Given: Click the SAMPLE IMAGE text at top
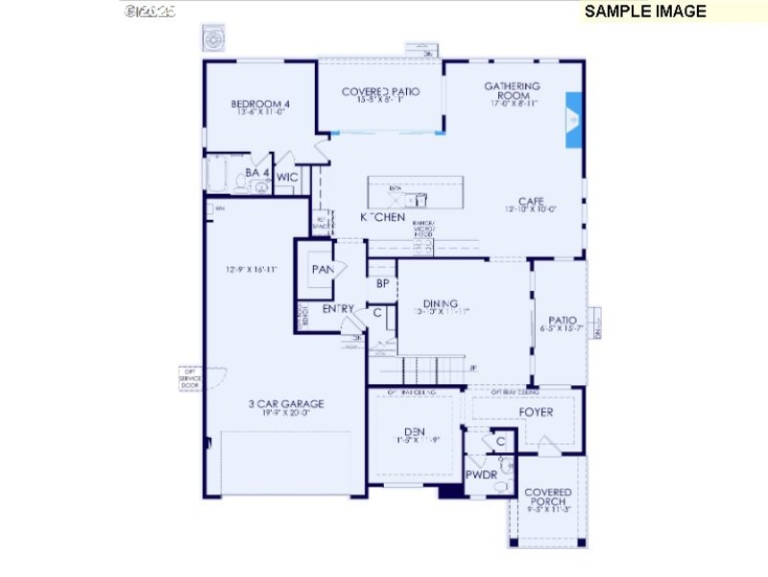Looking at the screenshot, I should [x=645, y=12].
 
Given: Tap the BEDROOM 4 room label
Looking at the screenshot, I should [x=260, y=105].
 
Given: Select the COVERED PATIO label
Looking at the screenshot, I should [x=381, y=92].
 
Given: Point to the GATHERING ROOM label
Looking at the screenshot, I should [x=512, y=91].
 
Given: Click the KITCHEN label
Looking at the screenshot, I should [x=382, y=218].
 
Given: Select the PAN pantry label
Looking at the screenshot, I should [x=322, y=269].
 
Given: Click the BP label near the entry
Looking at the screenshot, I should [x=382, y=284].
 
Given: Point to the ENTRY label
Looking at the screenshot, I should [x=338, y=309].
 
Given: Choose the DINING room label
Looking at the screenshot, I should [x=441, y=304].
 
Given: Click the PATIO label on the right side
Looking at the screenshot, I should [x=562, y=322].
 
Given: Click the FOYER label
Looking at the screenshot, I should [x=536, y=413].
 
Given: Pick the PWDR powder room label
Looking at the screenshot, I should [x=480, y=474].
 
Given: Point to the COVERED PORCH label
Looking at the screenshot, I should [x=547, y=497].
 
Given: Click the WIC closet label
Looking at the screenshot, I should [x=287, y=178].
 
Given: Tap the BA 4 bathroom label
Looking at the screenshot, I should [x=256, y=173].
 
